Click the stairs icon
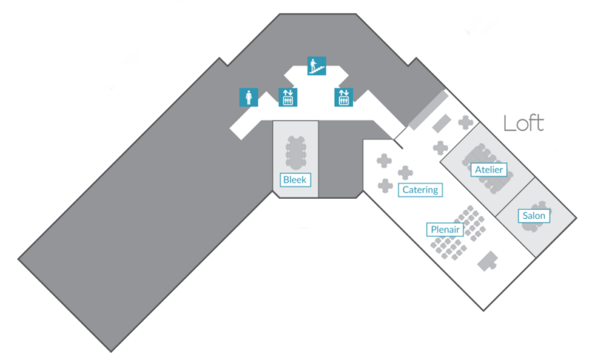[316, 66]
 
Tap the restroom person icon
[248, 97]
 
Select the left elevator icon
[288, 97]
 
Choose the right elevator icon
[343, 97]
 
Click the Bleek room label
[294, 180]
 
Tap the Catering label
[420, 190]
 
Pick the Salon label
[533, 216]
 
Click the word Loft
[523, 124]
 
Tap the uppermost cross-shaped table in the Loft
[465, 123]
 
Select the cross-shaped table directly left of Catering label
[385, 186]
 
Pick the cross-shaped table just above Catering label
[406, 173]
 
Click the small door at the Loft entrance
[399, 143]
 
